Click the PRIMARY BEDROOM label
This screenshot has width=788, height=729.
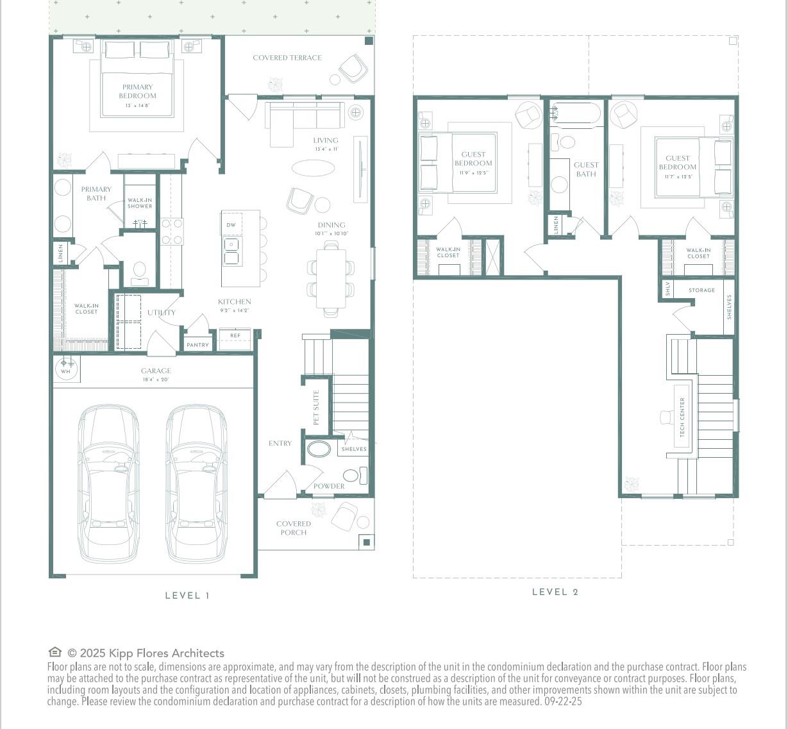pos(137,92)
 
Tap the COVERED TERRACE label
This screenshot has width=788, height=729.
pos(287,58)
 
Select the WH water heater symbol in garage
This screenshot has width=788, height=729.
pos(66,368)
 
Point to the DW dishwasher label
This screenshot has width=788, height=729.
pos(231,225)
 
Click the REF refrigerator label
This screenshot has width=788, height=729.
pos(235,335)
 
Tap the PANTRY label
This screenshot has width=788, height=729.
pos(197,345)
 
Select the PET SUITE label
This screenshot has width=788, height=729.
pos(316,407)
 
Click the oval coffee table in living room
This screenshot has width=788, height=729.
pos(313,168)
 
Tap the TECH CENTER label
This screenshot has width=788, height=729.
pos(682,417)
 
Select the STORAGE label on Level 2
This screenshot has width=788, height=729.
pos(701,290)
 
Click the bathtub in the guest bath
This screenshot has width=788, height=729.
pos(576,113)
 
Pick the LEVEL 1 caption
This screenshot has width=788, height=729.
pos(187,596)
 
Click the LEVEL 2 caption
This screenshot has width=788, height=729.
pos(555,592)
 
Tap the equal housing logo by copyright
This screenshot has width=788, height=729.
pos(55,653)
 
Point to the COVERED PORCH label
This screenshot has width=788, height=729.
pos(294,528)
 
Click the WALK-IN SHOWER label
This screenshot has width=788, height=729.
pos(140,203)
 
